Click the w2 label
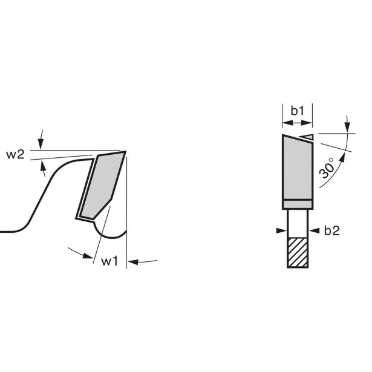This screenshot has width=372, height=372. (x=15, y=155)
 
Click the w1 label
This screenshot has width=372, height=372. (x=109, y=261)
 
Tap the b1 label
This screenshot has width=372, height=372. (x=298, y=111)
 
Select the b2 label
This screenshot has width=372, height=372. (x=331, y=230)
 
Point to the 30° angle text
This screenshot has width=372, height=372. (x=327, y=168)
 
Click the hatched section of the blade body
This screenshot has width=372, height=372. (x=298, y=253)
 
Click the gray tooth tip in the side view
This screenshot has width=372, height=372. (x=103, y=185)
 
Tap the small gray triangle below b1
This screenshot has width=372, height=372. (x=307, y=137)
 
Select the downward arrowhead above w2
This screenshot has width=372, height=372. (x=41, y=143)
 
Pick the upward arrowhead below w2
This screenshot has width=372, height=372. (x=43, y=166)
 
